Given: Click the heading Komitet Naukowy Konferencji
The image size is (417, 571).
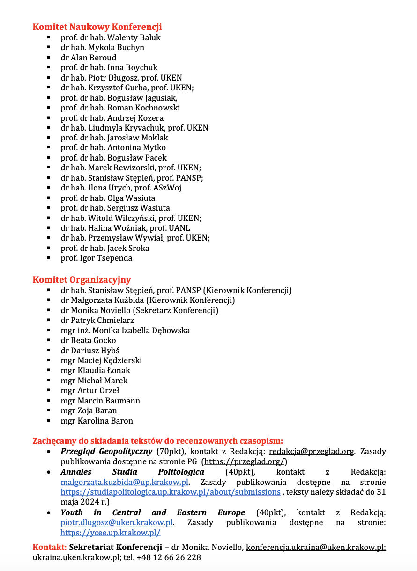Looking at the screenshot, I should [97, 27].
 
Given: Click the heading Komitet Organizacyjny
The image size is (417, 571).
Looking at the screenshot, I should [82, 280].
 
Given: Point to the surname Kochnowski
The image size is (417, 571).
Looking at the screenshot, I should [154, 108].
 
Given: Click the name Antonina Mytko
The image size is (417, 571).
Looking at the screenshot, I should [136, 147].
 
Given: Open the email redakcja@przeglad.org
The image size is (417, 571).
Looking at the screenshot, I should [312, 451].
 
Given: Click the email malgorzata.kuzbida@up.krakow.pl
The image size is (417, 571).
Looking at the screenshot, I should [124, 482].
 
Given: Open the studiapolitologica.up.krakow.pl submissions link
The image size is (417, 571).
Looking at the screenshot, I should [171, 491].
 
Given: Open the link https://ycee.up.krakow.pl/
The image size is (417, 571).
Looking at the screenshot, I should [111, 532].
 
